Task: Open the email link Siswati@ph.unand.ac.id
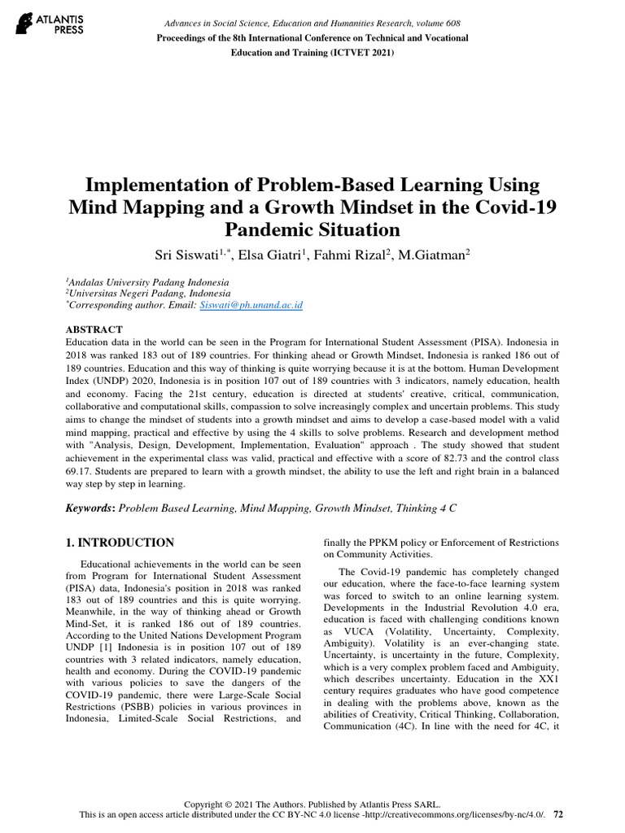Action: [x=251, y=304]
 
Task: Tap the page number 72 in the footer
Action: [x=557, y=813]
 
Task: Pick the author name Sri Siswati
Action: [x=186, y=255]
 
